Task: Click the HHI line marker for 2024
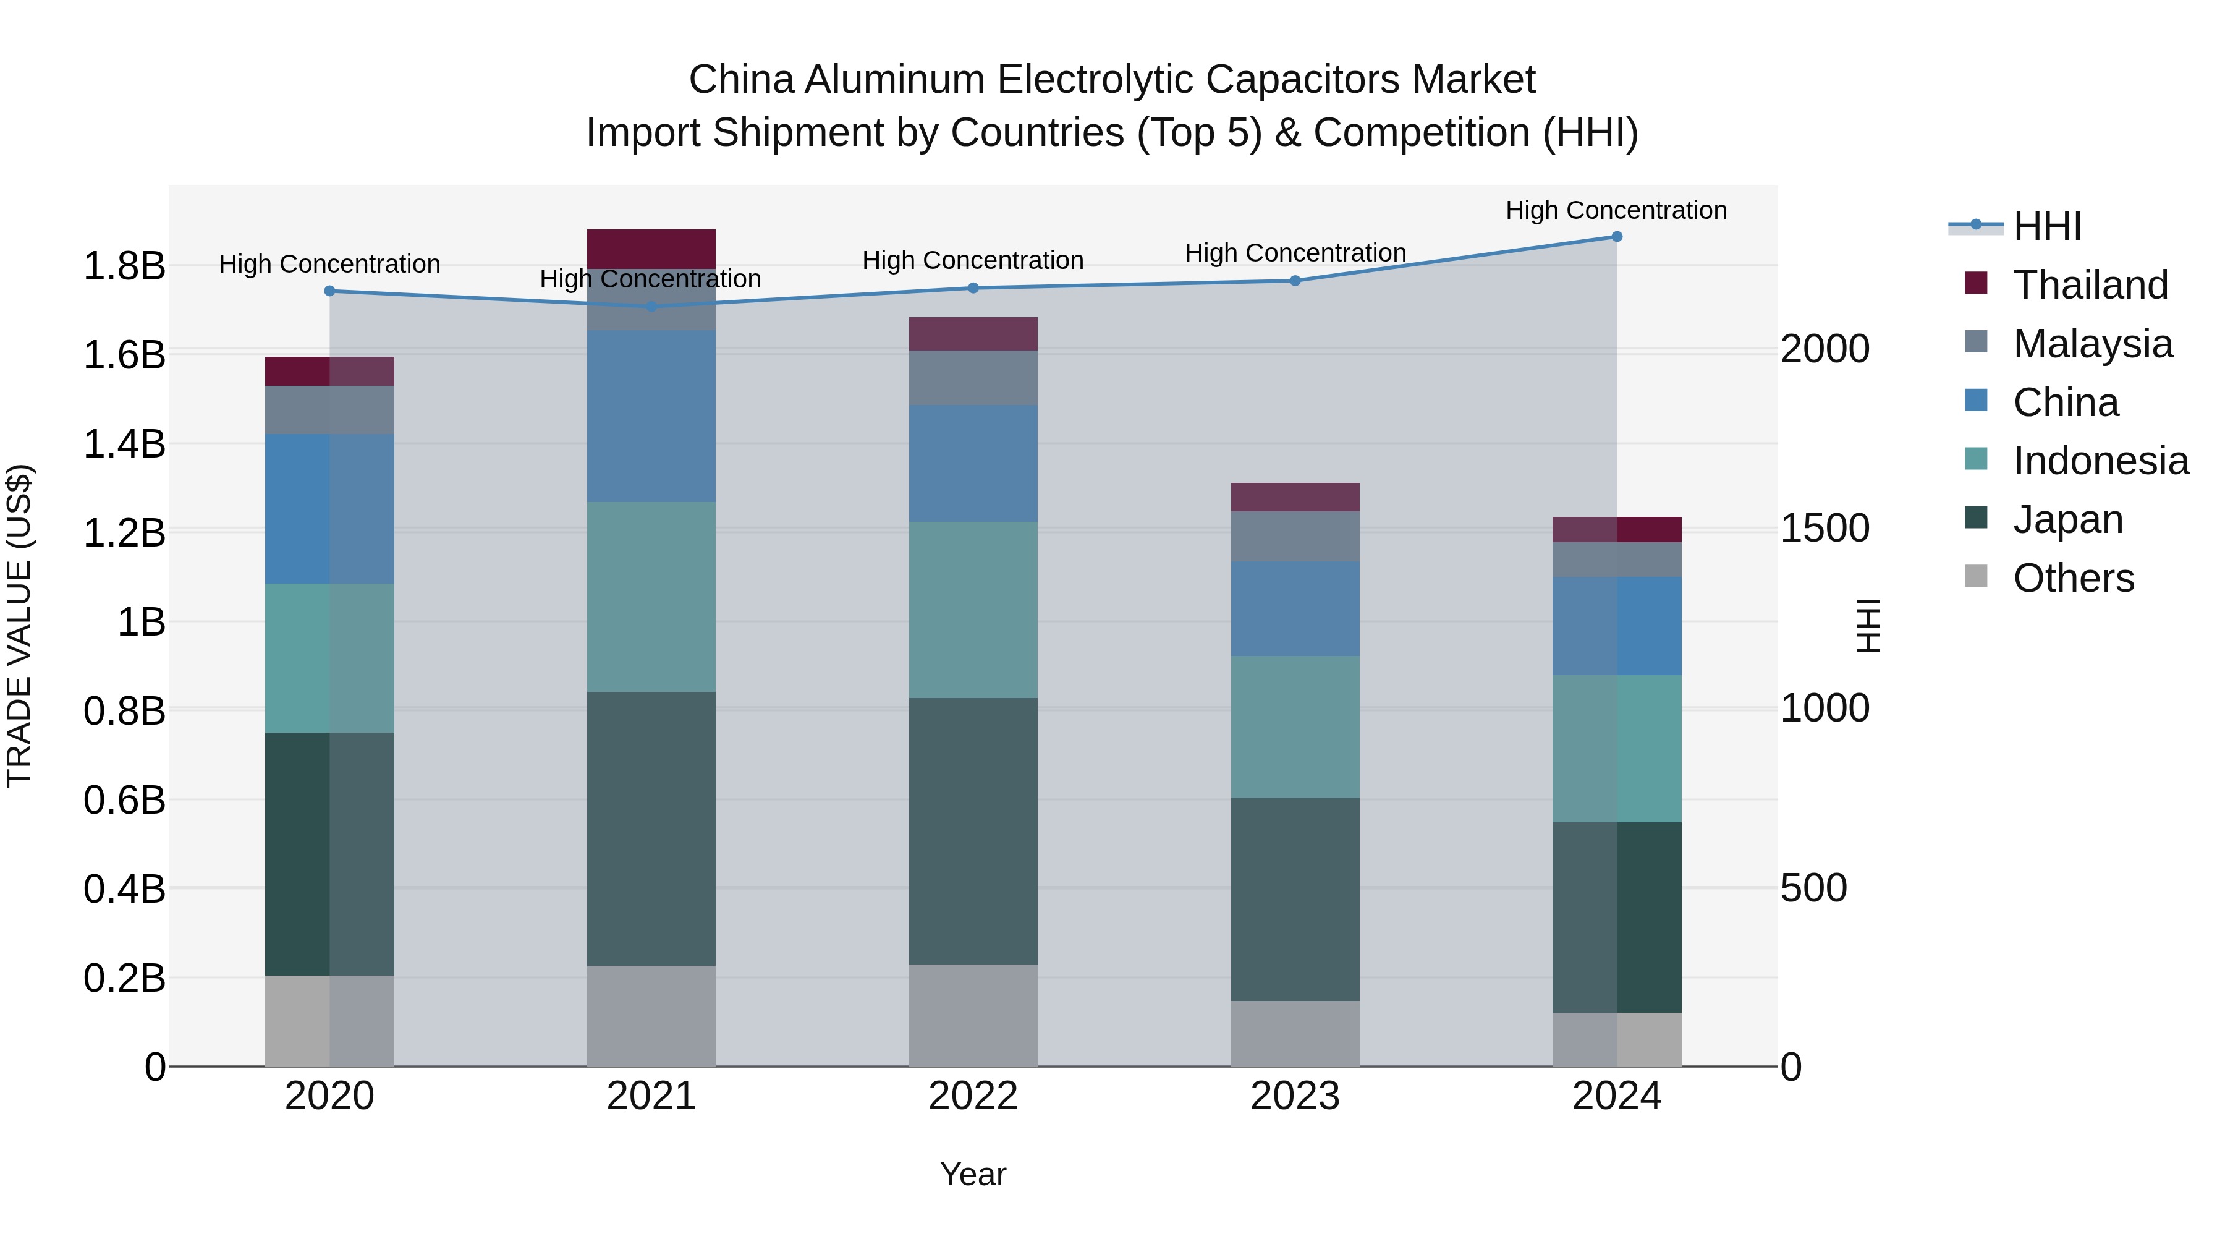pos(1616,237)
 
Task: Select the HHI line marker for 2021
pos(651,306)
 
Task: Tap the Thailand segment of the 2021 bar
pos(651,249)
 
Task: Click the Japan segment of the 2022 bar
pos(973,830)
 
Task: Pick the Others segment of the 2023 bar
pos(1295,1033)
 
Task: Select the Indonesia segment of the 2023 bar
pos(1295,726)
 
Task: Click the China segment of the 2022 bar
pos(973,463)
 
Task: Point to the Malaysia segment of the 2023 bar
pos(1295,537)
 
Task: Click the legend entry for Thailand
pos(2090,285)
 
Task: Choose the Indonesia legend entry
pos(2100,461)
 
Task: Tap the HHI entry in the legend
pos(2046,226)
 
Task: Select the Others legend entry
pos(2073,578)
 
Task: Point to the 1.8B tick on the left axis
pos(124,265)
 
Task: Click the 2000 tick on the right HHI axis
pos(1825,349)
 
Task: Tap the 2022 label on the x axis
pos(973,1096)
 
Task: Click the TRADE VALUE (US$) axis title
pos(19,626)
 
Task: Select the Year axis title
pos(973,1174)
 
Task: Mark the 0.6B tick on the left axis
pos(124,800)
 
